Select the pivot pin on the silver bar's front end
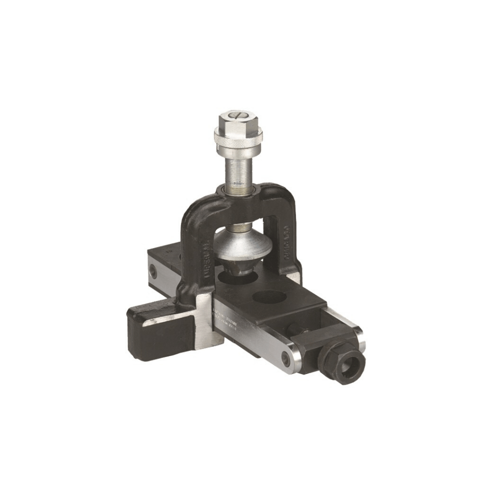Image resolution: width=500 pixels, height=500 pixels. click(x=285, y=357)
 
